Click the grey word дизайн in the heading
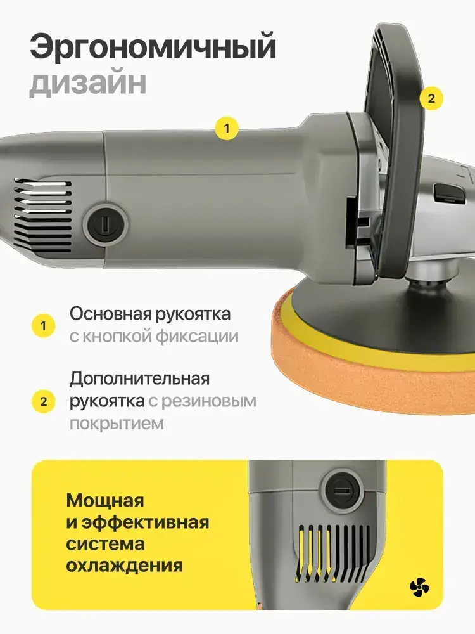click(x=88, y=83)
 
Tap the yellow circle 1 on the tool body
click(x=227, y=128)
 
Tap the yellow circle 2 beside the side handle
click(x=431, y=98)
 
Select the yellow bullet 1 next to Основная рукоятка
click(x=43, y=326)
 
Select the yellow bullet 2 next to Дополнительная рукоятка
click(x=43, y=401)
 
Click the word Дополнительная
click(x=140, y=379)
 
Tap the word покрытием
click(x=117, y=424)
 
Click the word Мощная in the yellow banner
click(x=105, y=501)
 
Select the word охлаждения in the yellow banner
click(x=124, y=566)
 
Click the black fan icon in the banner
click(x=419, y=588)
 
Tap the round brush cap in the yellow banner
click(x=342, y=489)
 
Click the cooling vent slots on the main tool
click(x=43, y=213)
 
